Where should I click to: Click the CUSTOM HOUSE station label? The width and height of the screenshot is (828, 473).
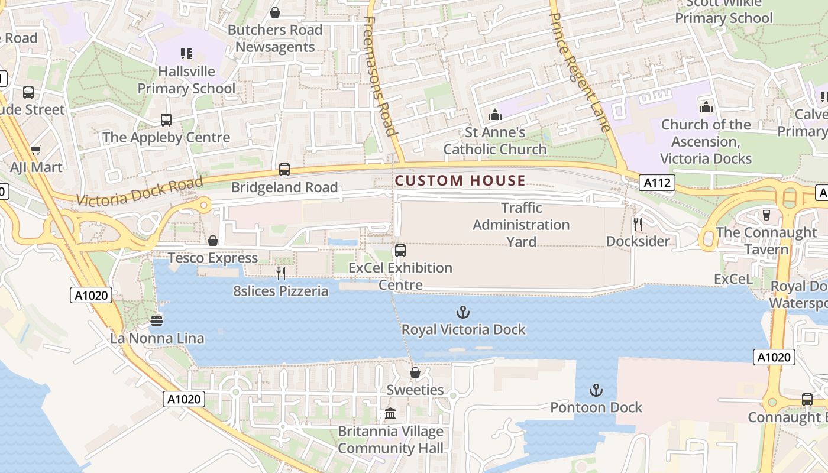click(x=460, y=180)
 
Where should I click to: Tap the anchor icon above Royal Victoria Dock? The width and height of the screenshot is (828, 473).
click(x=463, y=312)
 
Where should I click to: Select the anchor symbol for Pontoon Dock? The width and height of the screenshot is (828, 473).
click(x=596, y=390)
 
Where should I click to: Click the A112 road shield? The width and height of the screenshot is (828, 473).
click(x=657, y=183)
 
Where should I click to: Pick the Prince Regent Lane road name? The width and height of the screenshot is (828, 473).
click(x=580, y=65)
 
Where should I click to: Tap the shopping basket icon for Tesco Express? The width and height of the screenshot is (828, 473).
click(x=213, y=241)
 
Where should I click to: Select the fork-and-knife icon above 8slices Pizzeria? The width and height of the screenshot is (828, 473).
click(x=281, y=273)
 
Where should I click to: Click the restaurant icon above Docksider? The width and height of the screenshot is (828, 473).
click(x=638, y=223)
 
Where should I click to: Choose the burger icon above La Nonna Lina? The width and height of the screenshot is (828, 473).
click(x=157, y=320)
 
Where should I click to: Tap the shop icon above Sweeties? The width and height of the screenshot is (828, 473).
click(x=415, y=372)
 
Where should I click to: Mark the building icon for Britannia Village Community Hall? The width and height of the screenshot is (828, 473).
click(x=390, y=414)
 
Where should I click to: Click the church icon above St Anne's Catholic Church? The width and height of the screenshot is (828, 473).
click(x=495, y=114)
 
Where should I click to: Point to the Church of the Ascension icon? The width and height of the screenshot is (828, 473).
click(x=706, y=107)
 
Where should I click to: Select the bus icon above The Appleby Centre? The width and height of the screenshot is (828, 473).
click(x=166, y=120)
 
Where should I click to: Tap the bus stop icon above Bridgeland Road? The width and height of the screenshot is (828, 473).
click(x=284, y=170)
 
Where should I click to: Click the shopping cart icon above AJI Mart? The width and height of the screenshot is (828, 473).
click(x=35, y=150)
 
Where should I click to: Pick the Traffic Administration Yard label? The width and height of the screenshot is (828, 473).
click(x=521, y=225)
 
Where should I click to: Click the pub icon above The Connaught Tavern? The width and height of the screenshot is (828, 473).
click(x=766, y=215)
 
